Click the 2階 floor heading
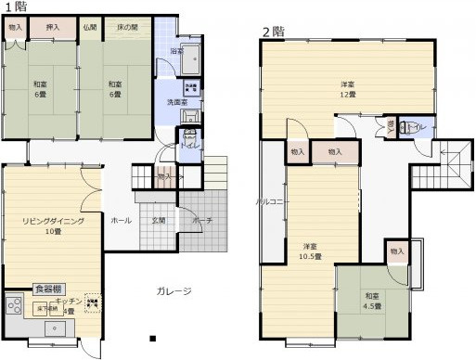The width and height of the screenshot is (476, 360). pyautogui.click(x=272, y=31)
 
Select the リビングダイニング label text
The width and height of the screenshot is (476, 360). pyautogui.click(x=54, y=223)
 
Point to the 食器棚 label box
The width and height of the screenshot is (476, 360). pyautogui.click(x=47, y=289)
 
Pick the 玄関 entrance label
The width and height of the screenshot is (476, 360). pyautogui.click(x=160, y=221)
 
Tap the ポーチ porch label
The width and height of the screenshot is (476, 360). pyautogui.click(x=202, y=221)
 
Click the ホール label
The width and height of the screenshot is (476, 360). pyautogui.click(x=121, y=221)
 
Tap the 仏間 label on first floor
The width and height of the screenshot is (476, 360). pyautogui.click(x=89, y=28)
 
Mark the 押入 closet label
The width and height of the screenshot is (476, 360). pyautogui.click(x=53, y=28)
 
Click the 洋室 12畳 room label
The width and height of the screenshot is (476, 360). pyautogui.click(x=345, y=89)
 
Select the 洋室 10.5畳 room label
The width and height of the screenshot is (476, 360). pyautogui.click(x=311, y=251)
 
